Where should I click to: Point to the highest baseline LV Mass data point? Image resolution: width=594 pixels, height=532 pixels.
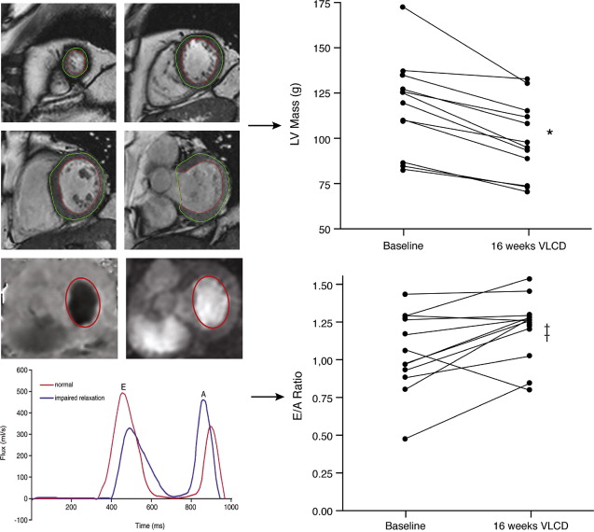coord(403,7)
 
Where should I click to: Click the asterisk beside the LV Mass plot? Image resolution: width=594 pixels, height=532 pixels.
coord(550,133)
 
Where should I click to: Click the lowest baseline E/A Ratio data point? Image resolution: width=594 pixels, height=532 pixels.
coord(403,439)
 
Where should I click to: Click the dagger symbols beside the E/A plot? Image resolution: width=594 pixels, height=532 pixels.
coord(547,329)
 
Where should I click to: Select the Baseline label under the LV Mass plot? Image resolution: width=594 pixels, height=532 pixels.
coord(403,246)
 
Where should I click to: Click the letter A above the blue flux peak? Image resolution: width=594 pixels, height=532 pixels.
coord(203,394)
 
